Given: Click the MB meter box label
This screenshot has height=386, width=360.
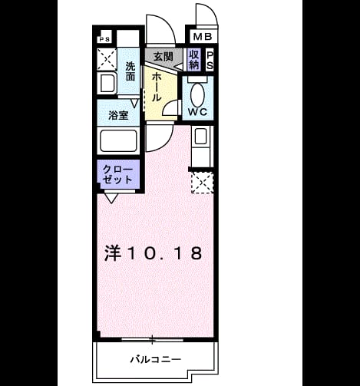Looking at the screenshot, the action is (x=203, y=37).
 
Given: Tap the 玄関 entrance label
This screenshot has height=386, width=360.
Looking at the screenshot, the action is (x=163, y=57).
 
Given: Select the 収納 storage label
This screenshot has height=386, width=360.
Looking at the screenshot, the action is (x=193, y=60).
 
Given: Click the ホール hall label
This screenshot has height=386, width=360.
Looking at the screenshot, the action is (x=156, y=87).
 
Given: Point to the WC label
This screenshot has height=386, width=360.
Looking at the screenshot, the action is (x=197, y=112).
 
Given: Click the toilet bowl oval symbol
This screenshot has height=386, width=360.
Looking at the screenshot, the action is (x=197, y=95).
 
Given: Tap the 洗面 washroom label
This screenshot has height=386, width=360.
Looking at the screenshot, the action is (x=130, y=72).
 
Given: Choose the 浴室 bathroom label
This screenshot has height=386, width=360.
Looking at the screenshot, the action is (x=118, y=115).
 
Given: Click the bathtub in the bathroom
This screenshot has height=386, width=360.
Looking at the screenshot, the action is (x=118, y=141).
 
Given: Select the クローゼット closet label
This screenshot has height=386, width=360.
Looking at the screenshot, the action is (x=117, y=174).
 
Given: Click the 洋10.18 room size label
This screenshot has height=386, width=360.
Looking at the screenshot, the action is (x=154, y=253).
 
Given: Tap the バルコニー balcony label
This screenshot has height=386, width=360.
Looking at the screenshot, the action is (x=156, y=360).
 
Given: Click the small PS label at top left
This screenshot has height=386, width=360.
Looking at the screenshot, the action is (x=104, y=40).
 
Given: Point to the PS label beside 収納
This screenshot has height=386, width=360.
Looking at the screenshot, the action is (x=210, y=61).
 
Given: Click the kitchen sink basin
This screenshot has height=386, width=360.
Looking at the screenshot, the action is (x=201, y=136).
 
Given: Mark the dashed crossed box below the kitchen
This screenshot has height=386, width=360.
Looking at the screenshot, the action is (x=203, y=183).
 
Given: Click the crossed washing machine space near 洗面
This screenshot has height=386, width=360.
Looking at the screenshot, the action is (x=107, y=59).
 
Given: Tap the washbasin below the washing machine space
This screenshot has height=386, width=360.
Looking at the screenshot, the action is (x=107, y=83).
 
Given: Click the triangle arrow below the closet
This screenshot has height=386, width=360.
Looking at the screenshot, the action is (x=111, y=198).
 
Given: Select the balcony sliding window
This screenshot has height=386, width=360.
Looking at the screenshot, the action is (x=152, y=340).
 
